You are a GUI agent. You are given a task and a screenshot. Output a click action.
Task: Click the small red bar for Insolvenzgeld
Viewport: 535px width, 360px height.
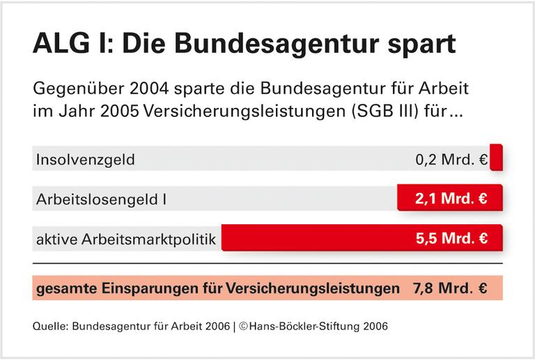[496, 159]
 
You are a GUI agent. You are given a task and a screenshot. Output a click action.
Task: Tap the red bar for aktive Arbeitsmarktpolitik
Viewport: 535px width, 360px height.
[313, 238]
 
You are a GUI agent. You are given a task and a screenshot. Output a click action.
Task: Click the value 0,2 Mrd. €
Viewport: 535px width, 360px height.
[451, 159]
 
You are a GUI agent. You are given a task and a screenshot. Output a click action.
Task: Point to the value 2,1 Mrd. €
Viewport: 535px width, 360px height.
[451, 199]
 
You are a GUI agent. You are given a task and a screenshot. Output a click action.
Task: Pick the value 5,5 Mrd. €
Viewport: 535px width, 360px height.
[451, 238]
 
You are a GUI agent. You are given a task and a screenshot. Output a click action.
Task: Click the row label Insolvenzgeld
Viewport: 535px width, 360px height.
[85, 159]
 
